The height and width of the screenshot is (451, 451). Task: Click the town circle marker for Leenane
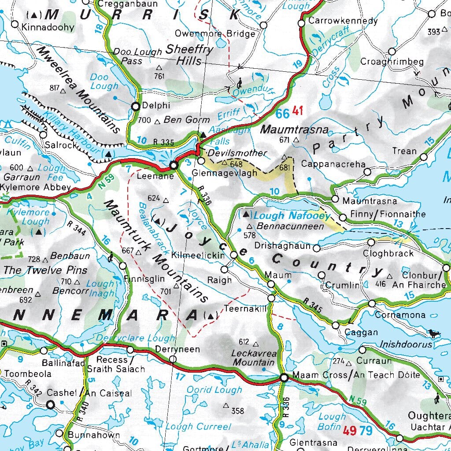tap(174, 165)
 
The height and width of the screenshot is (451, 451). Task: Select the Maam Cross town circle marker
tap(284, 377)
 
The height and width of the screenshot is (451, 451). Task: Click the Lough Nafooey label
tap(292, 215)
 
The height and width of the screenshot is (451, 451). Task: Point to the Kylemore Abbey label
tap(35, 187)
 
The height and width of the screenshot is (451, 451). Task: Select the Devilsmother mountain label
tap(237, 153)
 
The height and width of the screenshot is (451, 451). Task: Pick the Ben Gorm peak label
tap(181, 120)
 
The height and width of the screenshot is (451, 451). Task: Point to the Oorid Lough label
tap(214, 390)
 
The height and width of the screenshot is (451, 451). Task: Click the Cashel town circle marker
tap(51, 404)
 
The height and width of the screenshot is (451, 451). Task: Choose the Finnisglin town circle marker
tap(122, 266)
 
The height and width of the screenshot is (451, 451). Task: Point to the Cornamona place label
tap(400, 315)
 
